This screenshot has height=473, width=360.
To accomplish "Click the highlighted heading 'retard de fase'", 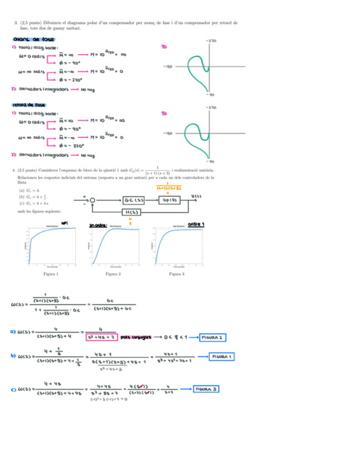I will tap(29, 105).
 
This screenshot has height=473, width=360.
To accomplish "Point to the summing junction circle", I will tap(93, 200).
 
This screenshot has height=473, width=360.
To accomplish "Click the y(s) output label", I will tap(196, 196).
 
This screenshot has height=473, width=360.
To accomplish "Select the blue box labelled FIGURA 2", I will tap(214, 337).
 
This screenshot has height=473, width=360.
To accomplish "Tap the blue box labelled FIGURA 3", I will tap(206, 389).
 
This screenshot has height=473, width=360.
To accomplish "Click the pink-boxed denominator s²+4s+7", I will tap(100, 337).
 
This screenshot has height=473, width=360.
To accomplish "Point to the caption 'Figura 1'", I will tap(51, 274).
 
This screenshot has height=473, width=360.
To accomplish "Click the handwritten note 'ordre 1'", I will tap(196, 225).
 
